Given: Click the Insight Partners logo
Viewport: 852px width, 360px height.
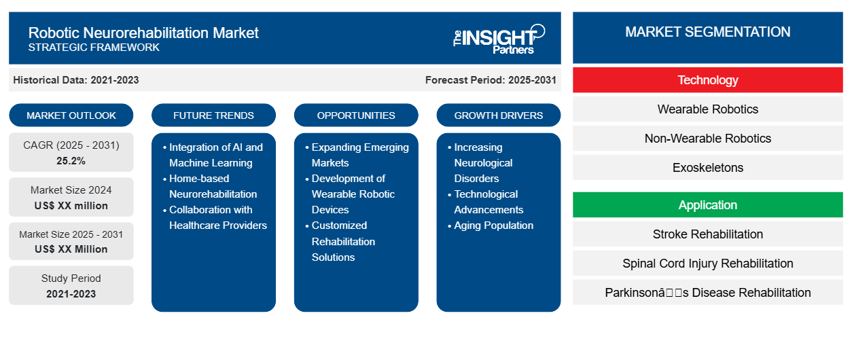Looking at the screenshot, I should tap(499, 39).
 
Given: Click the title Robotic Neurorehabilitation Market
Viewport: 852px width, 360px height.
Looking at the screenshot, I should tap(143, 32).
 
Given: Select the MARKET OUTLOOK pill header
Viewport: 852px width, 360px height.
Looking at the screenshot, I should tap(71, 115).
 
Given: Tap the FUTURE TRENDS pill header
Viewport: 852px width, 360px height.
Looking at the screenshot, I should tap(213, 115).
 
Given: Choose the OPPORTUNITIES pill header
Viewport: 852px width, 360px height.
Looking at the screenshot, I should tap(356, 115).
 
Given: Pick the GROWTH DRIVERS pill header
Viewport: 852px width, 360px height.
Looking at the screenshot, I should tap(499, 115).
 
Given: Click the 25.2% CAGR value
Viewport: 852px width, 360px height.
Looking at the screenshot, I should tap(71, 161).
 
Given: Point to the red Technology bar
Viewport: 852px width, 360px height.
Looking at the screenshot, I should tap(707, 80).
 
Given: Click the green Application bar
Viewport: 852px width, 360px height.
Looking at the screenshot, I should tap(707, 205).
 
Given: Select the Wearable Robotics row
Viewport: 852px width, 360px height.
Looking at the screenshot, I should tap(707, 109).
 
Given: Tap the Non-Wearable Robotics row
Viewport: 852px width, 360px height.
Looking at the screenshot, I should tap(707, 139).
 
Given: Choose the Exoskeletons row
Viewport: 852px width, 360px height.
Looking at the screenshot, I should tap(707, 168).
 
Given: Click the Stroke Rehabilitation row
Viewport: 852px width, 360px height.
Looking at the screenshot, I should tap(707, 234).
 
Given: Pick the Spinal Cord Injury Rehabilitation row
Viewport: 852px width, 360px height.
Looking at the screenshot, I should tap(707, 264).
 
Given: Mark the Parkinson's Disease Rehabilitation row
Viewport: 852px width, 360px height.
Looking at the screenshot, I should tap(707, 293).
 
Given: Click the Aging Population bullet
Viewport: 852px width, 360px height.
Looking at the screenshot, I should tap(493, 226).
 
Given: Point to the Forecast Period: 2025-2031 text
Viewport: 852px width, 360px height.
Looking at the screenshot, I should tap(491, 80).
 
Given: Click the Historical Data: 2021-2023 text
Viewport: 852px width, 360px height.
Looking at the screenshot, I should tap(76, 80).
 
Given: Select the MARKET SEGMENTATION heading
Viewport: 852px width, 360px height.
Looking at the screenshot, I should tap(707, 32).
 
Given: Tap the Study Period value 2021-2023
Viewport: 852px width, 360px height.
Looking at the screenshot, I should tap(71, 294).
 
